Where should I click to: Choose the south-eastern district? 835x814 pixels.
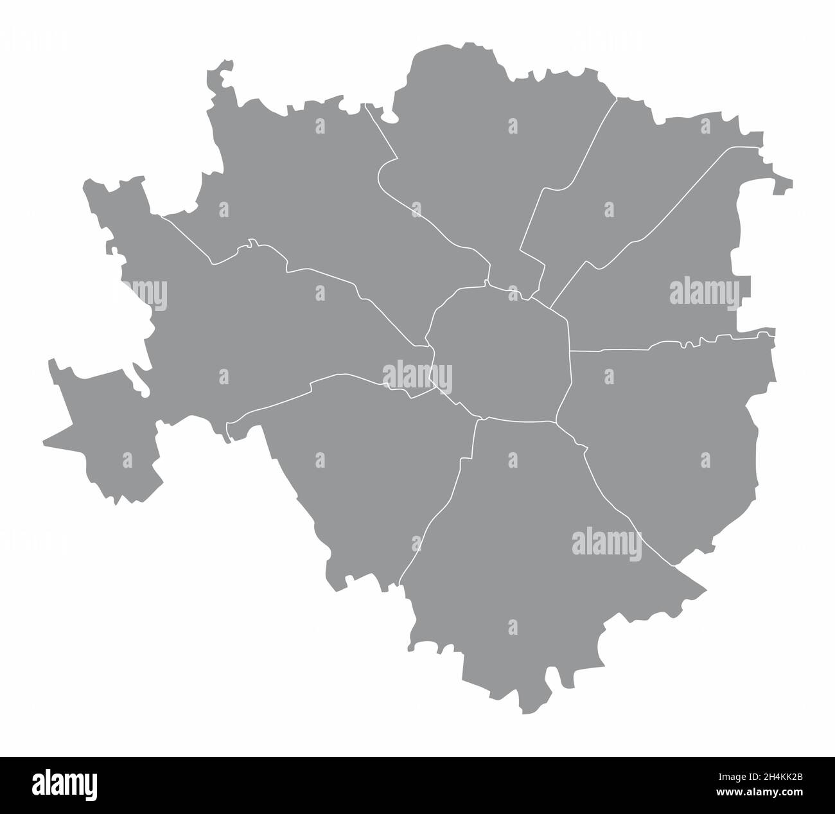point(668,450)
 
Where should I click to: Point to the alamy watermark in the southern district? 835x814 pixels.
point(606,542)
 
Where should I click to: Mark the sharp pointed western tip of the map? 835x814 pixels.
point(44,443)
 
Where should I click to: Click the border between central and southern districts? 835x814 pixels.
point(520,421)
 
